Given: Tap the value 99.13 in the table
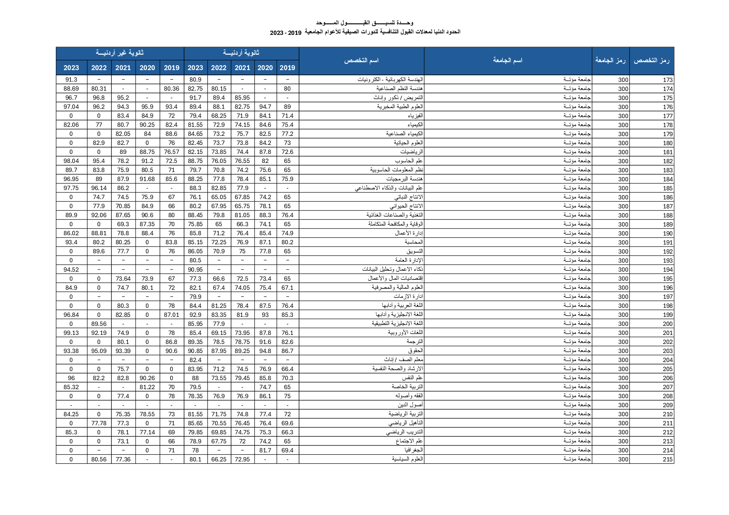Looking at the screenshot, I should [71, 333].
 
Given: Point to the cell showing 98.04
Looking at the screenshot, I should [71, 161].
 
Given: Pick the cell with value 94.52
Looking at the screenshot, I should [71, 269].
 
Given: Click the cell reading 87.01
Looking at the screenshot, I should [171, 315].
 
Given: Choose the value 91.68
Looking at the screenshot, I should [147, 179].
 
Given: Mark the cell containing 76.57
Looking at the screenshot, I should [171, 152].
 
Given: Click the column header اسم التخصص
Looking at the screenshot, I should [361, 61].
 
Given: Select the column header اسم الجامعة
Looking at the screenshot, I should [507, 61].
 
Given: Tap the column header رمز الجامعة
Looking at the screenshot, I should [610, 61].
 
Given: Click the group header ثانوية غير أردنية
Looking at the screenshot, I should [120, 53].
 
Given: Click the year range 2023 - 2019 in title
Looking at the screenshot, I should [285, 33].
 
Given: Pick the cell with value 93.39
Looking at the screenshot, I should [123, 351].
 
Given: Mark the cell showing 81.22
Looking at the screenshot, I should [147, 387].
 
